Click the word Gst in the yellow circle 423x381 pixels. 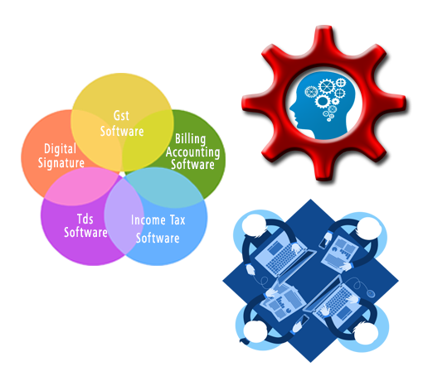point(121,116)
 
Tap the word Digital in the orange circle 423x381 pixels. point(60,149)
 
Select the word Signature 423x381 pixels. point(61,162)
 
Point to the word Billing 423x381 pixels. point(191,139)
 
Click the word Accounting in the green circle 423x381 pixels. point(193,152)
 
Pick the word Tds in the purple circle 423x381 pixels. point(85,219)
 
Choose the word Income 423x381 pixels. point(148,220)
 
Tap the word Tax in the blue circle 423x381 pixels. point(177,220)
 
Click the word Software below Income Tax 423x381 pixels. point(158,239)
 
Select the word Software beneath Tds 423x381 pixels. point(85,232)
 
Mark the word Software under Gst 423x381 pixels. point(122,131)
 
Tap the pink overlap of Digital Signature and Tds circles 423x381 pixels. point(81,187)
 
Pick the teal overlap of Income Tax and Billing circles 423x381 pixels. point(166,188)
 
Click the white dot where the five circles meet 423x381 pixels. point(122,174)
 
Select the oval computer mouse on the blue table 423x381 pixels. point(371,293)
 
